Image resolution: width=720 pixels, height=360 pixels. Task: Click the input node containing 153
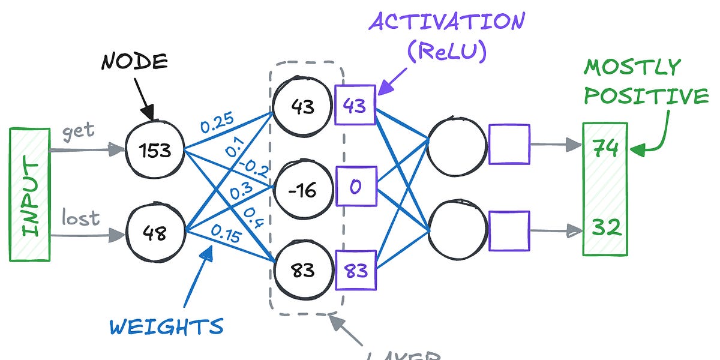coord(154,150)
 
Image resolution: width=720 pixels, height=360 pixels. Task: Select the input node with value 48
coord(154,233)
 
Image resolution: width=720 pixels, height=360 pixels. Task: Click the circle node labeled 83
coord(302,270)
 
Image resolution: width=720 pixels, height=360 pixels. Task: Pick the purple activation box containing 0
coord(355,187)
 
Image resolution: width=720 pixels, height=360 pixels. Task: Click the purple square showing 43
coord(355,105)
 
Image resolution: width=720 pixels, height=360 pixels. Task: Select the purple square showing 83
coord(355,271)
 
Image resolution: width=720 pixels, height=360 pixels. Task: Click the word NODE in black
coord(133,61)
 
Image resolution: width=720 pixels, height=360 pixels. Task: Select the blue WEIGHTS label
coord(166,327)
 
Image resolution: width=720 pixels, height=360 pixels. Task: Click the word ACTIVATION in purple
coord(447,22)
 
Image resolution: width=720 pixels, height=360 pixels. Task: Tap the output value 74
coord(605,148)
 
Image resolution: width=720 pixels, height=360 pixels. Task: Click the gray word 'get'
coord(79,131)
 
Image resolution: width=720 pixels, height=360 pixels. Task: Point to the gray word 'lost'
coord(80,218)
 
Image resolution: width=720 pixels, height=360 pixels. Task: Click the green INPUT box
coord(29,194)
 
